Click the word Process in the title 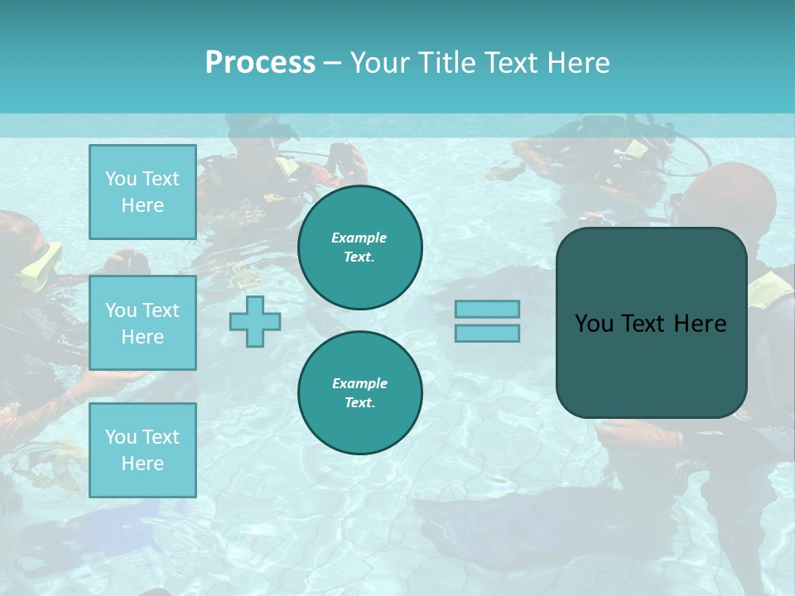point(260,63)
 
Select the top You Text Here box point(142,192)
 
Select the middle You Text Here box point(142,323)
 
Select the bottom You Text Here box point(142,450)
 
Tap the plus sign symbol point(255,321)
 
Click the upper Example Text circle point(360,248)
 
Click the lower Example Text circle point(360,393)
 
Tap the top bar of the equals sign point(487,310)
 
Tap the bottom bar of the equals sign point(487,334)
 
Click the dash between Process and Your point(332,63)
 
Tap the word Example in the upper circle point(359,238)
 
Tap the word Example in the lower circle point(359,383)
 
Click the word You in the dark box point(594,324)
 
